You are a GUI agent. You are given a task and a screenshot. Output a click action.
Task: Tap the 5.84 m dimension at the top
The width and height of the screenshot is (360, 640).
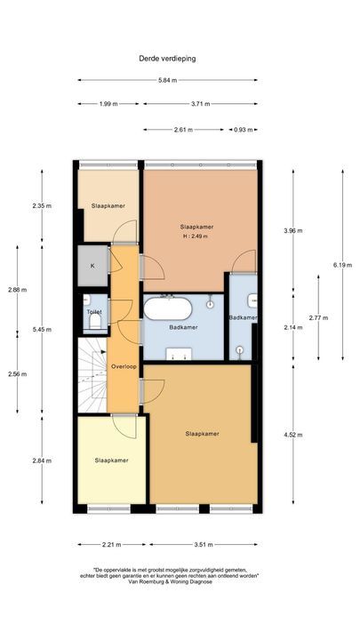[x=167, y=81]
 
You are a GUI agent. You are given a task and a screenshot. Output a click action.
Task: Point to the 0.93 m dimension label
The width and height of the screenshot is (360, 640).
[x=241, y=130]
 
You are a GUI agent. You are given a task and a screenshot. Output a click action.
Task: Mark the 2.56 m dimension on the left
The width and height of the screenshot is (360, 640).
[x=17, y=373]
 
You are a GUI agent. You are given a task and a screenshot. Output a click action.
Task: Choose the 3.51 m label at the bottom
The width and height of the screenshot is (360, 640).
[x=204, y=545]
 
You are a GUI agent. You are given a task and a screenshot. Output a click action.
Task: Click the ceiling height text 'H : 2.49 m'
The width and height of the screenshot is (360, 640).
[x=196, y=236]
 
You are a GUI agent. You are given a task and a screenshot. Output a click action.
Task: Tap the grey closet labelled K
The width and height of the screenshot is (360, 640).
[x=92, y=265]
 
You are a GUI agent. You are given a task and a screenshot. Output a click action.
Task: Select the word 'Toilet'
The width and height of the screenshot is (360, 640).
[x=93, y=312]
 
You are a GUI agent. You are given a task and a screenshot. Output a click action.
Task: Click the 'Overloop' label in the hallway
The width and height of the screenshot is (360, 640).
[x=124, y=366]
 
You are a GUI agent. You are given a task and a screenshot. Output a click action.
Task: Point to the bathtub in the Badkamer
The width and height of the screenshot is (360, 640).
[x=167, y=308]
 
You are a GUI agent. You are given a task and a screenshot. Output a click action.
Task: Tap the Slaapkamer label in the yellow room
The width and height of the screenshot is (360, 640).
[x=112, y=460]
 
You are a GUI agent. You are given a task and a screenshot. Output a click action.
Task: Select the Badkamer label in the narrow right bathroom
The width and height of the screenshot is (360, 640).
[x=243, y=317]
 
